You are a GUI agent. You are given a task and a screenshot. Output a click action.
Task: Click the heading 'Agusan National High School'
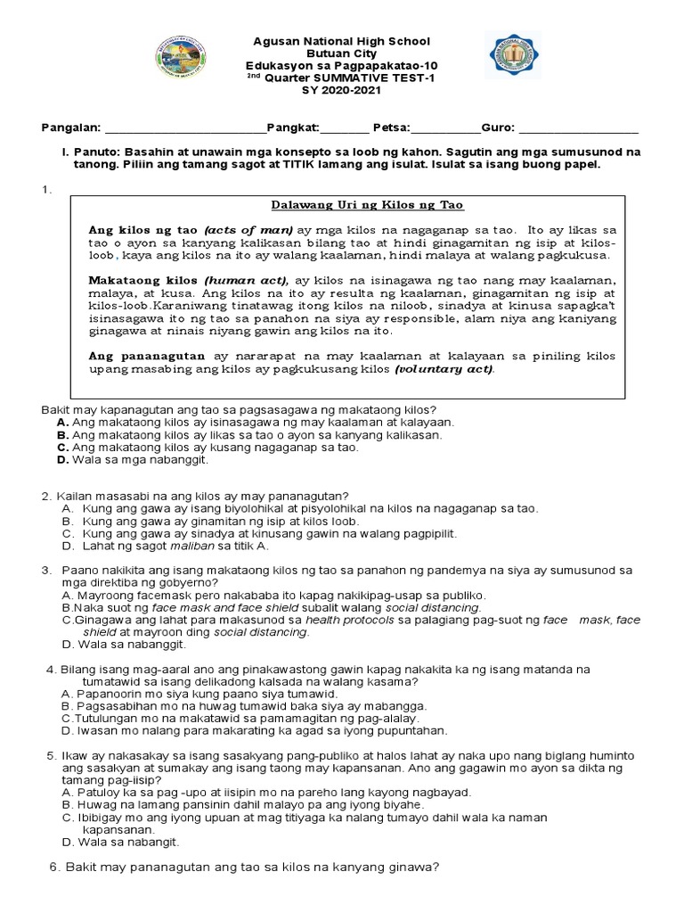342,42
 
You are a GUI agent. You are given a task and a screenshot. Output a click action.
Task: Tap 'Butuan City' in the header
342,54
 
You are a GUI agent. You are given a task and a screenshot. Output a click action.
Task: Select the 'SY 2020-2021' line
342,91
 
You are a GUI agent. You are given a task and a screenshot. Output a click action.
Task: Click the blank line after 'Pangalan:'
185,128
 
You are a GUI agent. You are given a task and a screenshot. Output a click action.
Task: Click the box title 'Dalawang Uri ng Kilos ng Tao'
367,205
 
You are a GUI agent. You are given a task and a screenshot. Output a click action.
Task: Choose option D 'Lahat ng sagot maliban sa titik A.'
176,546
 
